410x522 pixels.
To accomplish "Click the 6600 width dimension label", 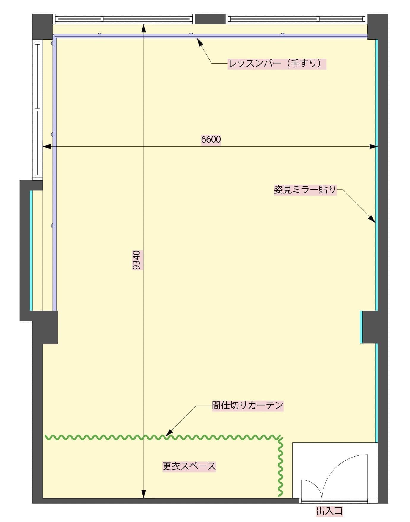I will click(x=211, y=139).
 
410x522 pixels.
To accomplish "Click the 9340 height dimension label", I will click(x=136, y=260).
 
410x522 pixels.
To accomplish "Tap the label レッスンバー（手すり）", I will click(x=277, y=64).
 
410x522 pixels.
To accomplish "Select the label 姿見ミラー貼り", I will click(x=305, y=190).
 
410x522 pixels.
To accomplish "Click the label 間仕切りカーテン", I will click(x=247, y=405).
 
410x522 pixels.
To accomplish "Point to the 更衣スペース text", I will click(x=189, y=466).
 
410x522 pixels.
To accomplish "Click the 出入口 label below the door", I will click(x=329, y=511).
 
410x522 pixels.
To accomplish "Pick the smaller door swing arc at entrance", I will click(x=312, y=484).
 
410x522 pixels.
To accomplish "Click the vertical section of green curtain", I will click(x=280, y=466).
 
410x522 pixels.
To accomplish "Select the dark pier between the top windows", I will click(x=210, y=19).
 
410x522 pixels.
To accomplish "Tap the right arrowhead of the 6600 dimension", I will click(x=374, y=146).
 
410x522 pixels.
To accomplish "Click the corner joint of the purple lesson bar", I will click(x=55, y=36).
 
